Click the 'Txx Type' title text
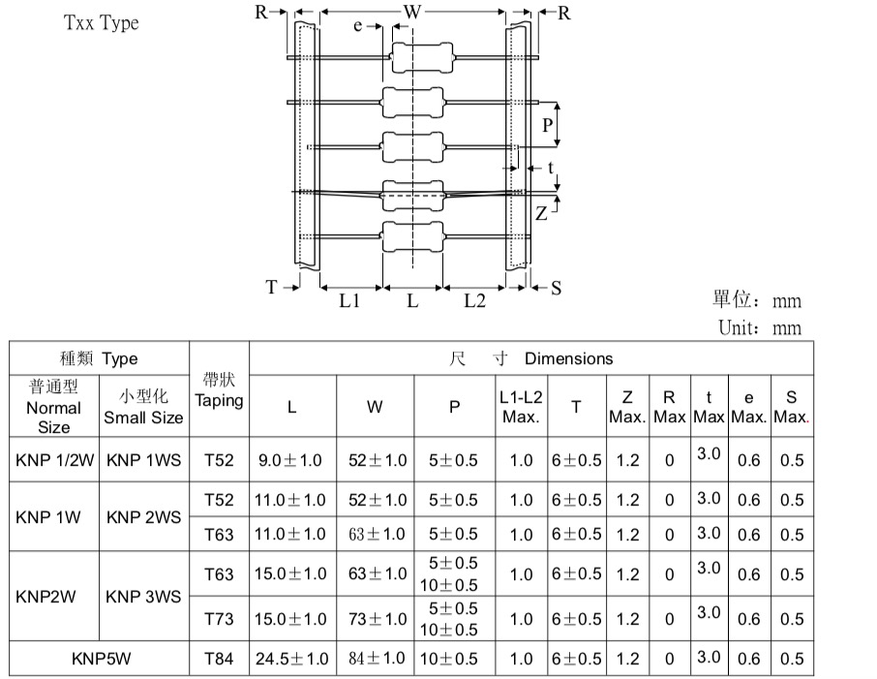102,23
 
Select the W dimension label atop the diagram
412,12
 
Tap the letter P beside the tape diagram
548,125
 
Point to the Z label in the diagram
541,213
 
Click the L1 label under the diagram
349,300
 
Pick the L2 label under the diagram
475,300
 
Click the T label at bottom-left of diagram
271,287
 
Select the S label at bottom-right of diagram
556,288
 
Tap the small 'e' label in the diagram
358,26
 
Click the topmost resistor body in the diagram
422,57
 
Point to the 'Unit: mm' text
760,327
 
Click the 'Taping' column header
219,401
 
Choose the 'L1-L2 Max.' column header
521,407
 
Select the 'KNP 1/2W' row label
55,460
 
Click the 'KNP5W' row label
102,659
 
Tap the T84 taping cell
219,659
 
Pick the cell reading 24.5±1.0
292,659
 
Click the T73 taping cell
219,619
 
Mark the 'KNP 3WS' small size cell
143,597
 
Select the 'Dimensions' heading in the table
569,358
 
